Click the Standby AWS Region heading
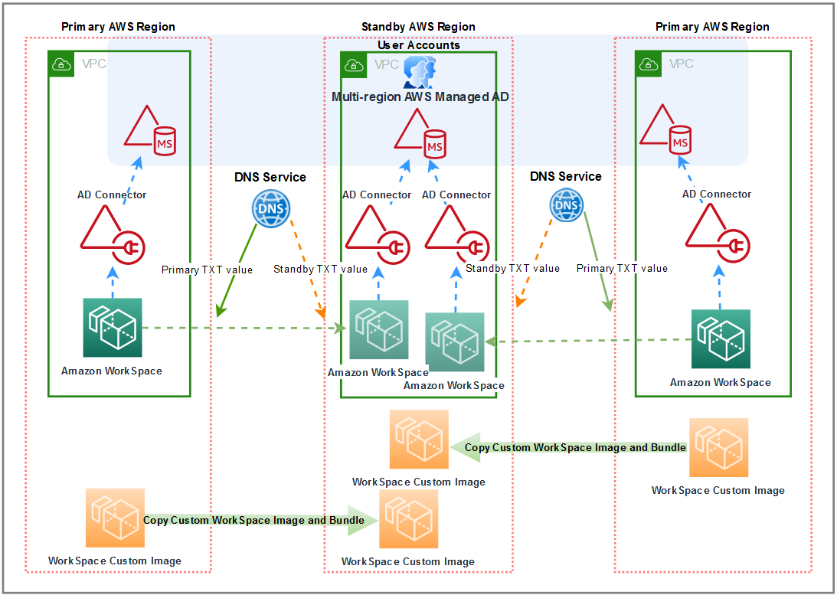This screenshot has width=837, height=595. click(418, 27)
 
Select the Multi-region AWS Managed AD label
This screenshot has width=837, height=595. click(420, 97)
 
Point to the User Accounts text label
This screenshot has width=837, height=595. click(418, 45)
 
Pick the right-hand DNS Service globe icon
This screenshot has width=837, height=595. click(566, 205)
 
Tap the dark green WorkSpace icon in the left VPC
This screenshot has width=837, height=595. click(113, 328)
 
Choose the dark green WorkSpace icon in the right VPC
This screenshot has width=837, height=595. click(721, 339)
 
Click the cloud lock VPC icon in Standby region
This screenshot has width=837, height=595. click(355, 65)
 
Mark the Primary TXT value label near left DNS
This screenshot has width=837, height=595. click(207, 270)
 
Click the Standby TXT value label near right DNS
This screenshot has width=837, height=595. click(512, 268)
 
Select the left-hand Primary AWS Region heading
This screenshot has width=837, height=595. click(118, 27)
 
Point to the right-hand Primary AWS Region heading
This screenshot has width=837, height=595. click(712, 27)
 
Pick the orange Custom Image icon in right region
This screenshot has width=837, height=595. click(718, 448)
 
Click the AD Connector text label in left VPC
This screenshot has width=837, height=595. click(112, 195)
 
